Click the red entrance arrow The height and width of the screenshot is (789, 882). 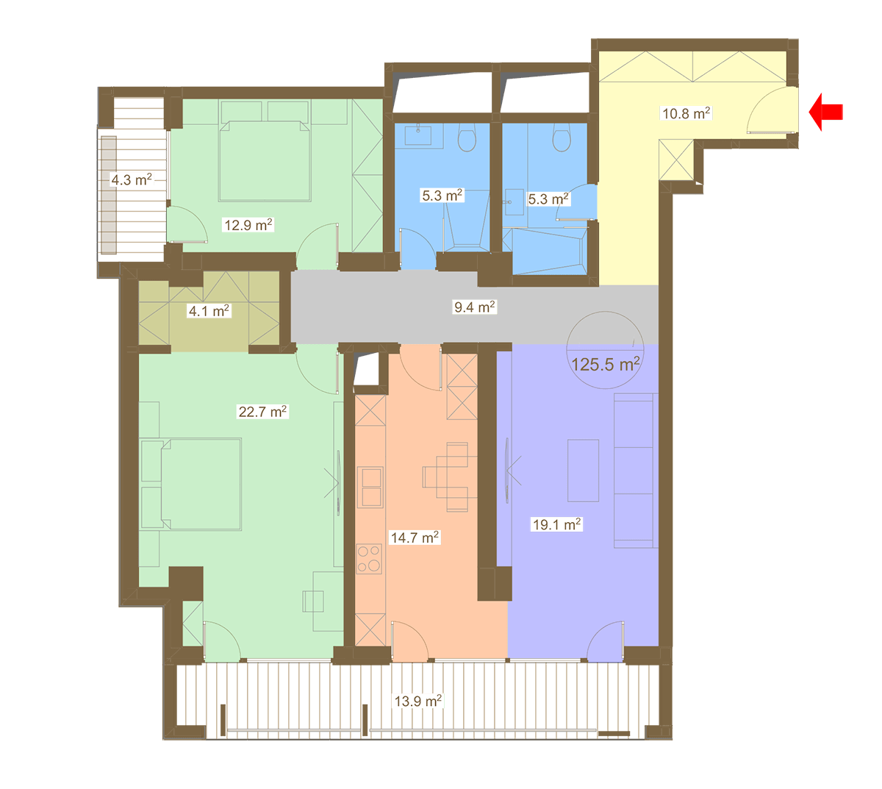825,112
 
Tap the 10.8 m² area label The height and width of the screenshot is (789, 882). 686,113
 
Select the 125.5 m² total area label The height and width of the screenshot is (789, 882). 605,364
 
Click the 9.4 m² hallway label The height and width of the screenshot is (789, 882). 474,307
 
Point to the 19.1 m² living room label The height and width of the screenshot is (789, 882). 556,524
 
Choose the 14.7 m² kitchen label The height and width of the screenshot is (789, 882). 414,538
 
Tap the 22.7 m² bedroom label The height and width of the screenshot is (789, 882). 262,411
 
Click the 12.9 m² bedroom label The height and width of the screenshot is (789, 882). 248,225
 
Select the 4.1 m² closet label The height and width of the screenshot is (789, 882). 209,310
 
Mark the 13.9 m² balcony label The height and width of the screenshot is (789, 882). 417,701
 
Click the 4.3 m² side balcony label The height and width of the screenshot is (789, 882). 131,179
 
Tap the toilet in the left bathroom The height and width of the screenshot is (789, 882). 467,138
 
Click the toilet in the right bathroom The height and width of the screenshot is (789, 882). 561,138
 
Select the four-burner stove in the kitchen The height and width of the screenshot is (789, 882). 369,559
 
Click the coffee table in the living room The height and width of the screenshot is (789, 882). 582,470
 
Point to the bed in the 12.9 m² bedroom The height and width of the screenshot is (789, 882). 265,161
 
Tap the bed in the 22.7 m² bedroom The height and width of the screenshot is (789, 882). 201,484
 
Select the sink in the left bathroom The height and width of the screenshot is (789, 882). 417,135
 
